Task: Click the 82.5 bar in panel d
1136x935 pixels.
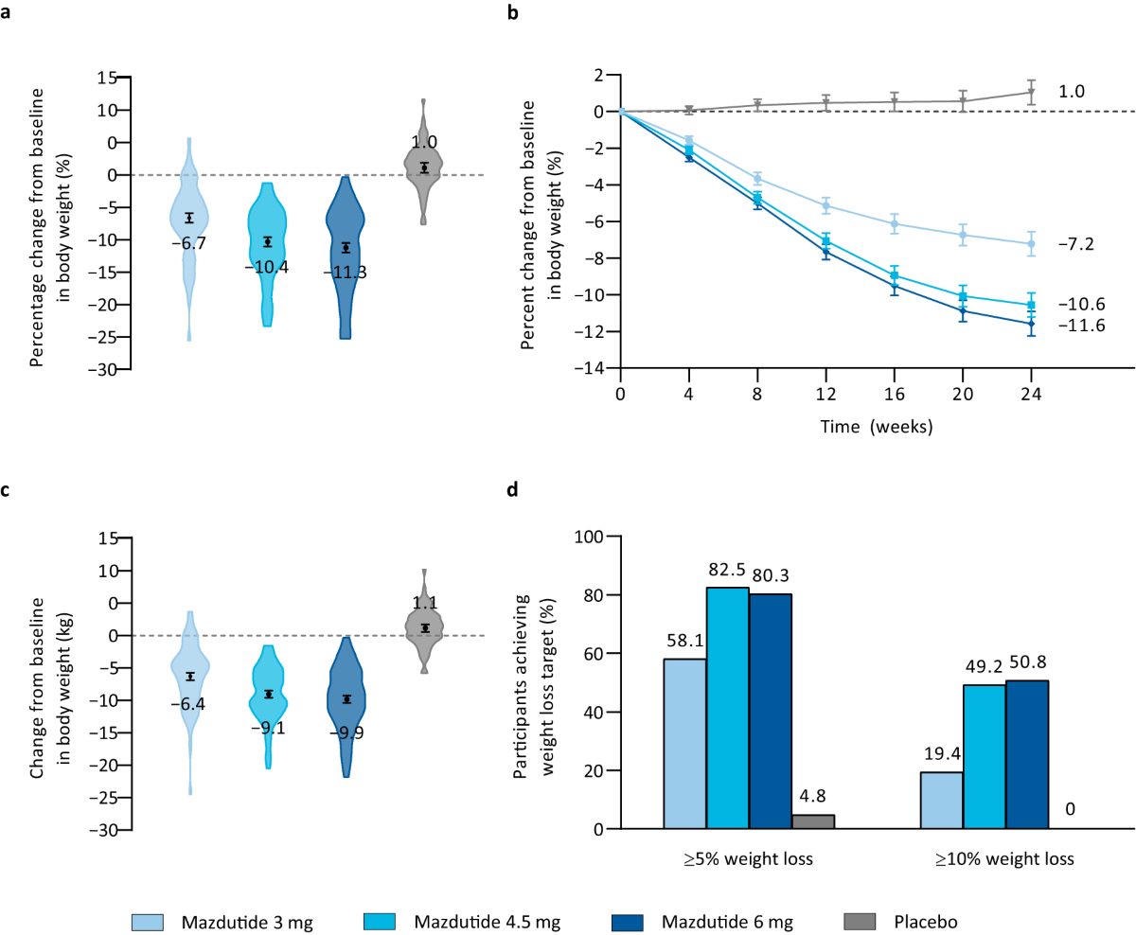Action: point(728,708)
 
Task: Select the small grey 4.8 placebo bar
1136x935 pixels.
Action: point(813,821)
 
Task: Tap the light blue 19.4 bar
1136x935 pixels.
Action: point(942,801)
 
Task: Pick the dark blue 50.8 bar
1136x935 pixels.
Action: point(1027,754)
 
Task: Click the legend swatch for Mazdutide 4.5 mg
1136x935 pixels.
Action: point(380,922)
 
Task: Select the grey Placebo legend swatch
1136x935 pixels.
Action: point(860,922)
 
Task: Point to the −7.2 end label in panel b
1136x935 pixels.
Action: point(1076,244)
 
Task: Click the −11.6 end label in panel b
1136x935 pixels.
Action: point(1082,326)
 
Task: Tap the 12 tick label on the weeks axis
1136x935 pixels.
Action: point(825,395)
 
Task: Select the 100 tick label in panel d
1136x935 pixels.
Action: point(589,537)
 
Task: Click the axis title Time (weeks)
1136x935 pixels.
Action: point(877,427)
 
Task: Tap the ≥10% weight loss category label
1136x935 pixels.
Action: point(1004,859)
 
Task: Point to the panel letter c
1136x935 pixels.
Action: point(5,490)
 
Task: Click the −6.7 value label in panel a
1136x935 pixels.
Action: point(189,243)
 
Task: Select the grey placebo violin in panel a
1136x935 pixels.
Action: point(423,162)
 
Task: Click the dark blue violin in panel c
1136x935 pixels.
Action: point(346,707)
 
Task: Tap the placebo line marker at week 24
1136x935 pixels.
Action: point(1031,92)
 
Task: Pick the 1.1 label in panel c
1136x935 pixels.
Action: point(425,603)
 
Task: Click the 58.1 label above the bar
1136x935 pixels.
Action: point(685,641)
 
